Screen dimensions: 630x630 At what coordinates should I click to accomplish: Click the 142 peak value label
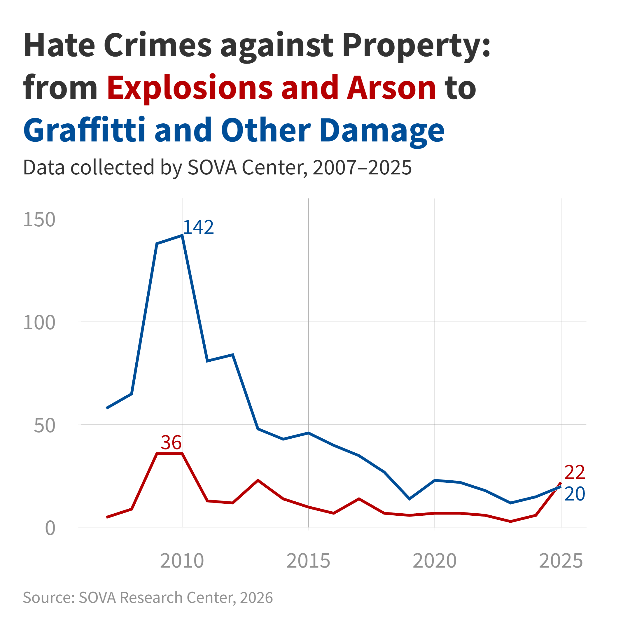(198, 227)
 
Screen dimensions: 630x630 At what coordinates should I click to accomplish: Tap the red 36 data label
(171, 442)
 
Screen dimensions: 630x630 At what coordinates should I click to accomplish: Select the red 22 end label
(575, 472)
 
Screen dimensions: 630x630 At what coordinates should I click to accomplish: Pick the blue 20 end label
(575, 494)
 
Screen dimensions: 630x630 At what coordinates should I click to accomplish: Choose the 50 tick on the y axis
(44, 426)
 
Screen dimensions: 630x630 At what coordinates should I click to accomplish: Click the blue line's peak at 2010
(182, 235)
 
